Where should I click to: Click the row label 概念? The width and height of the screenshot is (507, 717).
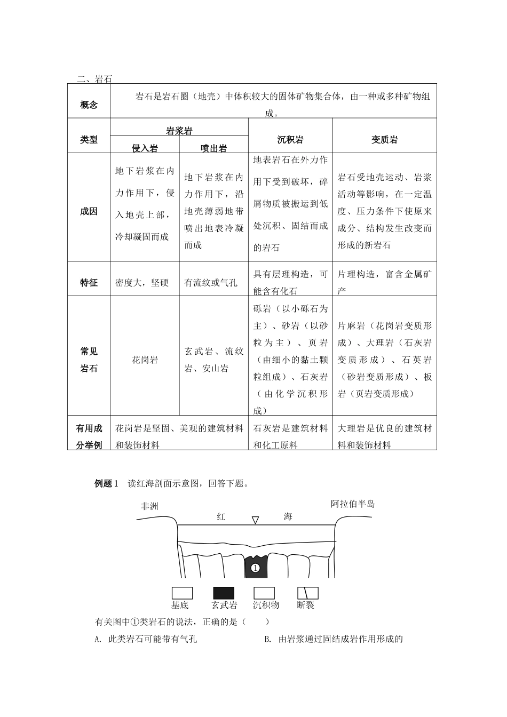tap(89, 105)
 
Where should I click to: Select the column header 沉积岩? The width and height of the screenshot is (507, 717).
tap(290, 140)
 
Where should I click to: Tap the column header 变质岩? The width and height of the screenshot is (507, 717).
tap(384, 140)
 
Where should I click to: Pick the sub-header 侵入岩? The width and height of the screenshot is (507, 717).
tap(145, 148)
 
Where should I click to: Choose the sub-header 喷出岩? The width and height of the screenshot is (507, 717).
tap(213, 148)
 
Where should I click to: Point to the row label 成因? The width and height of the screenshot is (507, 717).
tap(89, 211)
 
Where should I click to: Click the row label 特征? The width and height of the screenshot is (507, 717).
tap(89, 283)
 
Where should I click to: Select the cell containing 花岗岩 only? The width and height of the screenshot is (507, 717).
tap(145, 360)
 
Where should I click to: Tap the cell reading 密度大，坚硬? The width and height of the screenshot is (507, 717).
tap(142, 283)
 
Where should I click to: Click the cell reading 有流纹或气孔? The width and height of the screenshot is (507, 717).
tap(211, 283)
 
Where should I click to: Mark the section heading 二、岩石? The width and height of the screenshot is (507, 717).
tap(94, 79)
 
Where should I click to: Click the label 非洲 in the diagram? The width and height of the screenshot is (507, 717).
tap(149, 506)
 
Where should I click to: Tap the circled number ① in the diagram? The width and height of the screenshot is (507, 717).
tap(255, 568)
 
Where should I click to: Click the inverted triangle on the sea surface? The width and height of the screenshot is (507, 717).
tap(256, 520)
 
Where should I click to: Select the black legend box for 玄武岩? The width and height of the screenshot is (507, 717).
tap(224, 593)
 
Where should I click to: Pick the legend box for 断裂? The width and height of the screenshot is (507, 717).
tap(307, 593)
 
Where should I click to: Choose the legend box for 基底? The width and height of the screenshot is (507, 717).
tap(182, 593)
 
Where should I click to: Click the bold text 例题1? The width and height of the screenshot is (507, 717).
tap(106, 483)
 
